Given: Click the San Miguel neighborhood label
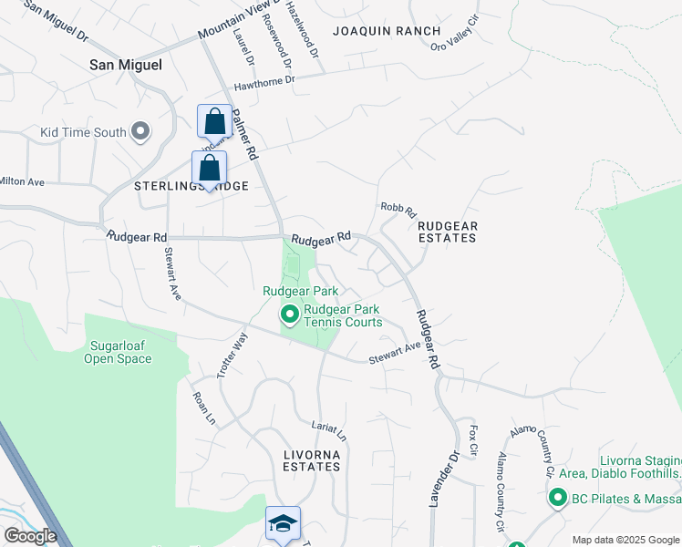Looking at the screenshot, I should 126,65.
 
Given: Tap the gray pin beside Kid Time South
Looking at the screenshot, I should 140,132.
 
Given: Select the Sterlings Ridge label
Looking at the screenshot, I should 191,185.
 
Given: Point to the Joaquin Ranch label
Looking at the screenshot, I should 374,30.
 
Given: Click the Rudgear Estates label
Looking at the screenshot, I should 447,231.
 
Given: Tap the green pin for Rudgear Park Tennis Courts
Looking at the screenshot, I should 290,315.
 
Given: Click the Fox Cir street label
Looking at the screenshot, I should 473,440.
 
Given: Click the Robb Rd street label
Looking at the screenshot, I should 398,209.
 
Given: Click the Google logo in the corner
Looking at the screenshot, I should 30,536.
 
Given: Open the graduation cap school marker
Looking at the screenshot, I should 283,524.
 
